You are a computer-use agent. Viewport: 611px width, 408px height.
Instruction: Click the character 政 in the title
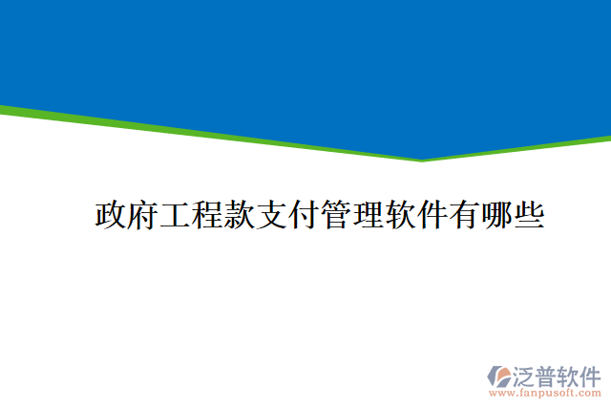[111, 215]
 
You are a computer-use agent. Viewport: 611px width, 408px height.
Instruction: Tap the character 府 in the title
[143, 215]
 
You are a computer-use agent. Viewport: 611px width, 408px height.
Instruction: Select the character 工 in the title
[176, 215]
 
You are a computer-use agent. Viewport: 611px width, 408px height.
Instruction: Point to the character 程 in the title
[208, 215]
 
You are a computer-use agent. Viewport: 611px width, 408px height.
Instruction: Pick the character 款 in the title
[241, 215]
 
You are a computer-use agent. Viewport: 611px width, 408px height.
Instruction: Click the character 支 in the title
[273, 215]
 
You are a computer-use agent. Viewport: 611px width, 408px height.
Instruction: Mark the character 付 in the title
[305, 215]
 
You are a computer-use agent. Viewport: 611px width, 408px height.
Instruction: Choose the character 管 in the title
[338, 215]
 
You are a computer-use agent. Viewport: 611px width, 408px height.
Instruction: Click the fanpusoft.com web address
[546, 393]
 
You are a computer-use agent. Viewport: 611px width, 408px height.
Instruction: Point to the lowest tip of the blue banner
[422, 159]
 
